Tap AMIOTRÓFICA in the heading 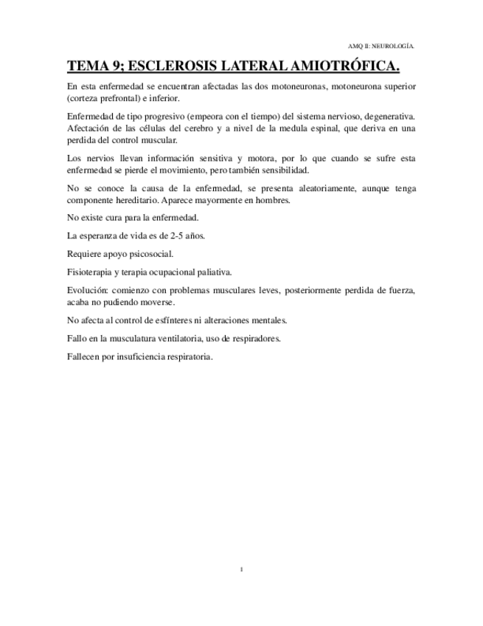(346, 67)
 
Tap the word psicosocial (150, 254)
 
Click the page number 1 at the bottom (241, 569)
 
